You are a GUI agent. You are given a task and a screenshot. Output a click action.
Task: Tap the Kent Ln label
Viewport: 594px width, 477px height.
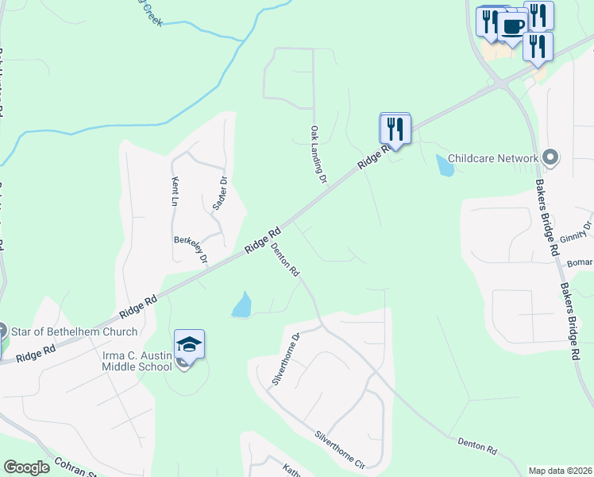175,192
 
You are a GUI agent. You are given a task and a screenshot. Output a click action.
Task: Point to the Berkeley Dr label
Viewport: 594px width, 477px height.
191,249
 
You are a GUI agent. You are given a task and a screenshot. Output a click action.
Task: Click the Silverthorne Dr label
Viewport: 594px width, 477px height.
287,359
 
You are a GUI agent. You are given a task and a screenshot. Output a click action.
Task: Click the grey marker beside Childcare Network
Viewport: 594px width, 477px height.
551,158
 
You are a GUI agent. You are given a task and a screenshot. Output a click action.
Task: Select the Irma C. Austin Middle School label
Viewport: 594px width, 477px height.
137,361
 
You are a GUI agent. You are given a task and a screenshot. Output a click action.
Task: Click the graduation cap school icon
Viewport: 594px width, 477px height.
190,343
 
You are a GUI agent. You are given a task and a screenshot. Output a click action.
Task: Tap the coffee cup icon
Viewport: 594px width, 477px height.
512,26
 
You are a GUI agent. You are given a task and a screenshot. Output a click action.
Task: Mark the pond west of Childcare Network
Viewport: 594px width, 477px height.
445,165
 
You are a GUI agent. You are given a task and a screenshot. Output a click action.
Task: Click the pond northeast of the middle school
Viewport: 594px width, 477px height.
242,304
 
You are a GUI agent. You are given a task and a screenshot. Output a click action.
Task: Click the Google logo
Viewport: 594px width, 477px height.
26,467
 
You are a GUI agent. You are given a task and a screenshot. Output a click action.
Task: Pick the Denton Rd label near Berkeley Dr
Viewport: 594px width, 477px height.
284,259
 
